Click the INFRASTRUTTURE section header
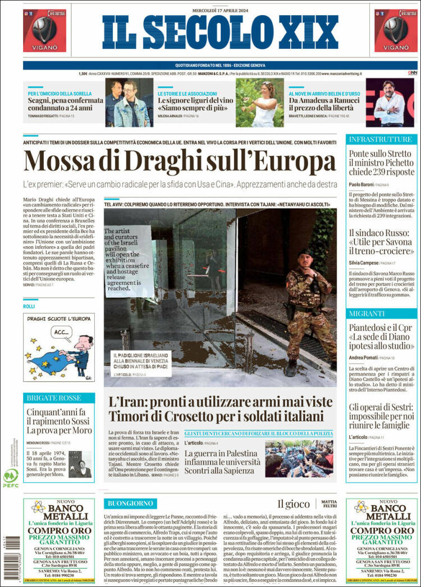(380, 139)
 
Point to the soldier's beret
(306, 253)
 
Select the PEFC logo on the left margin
(10, 477)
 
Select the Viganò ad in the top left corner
(44, 31)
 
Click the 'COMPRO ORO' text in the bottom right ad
(379, 530)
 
